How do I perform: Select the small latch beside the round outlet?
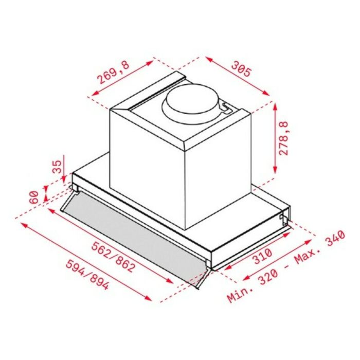pyautogui.click(x=224, y=107)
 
